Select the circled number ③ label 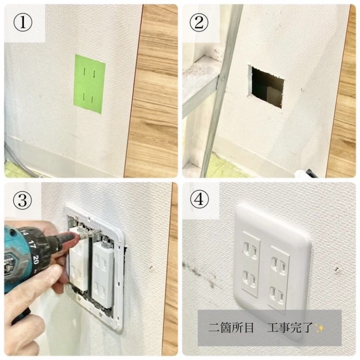point(22,200)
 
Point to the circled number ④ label point(199,199)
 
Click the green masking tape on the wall point(90,84)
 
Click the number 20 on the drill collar point(36,260)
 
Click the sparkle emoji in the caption point(319,328)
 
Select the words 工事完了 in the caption point(290,328)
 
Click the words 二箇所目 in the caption point(231,328)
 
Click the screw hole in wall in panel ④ point(337,270)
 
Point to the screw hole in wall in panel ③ point(151,268)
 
